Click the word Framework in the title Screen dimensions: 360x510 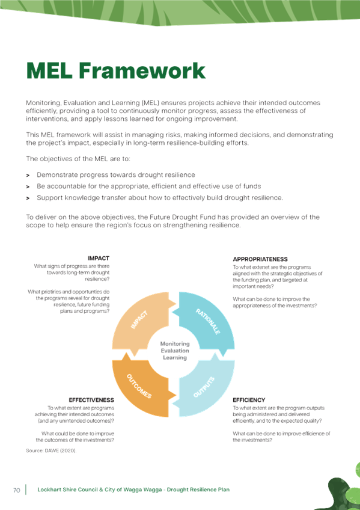point(142,70)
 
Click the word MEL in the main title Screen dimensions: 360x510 point(49,70)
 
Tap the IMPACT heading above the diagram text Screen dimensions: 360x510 point(99,258)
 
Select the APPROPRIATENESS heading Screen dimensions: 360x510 point(260,259)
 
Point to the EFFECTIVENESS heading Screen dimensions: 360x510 point(91,400)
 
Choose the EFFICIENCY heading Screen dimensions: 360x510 point(249,400)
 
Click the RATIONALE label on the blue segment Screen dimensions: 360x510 point(208,322)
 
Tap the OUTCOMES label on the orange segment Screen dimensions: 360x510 point(139,386)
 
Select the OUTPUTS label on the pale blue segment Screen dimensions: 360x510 point(204,387)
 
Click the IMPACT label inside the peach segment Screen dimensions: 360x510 point(139,320)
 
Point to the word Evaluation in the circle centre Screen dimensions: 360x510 point(175,351)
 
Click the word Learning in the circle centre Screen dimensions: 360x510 point(175,358)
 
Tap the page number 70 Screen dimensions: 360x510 point(17,490)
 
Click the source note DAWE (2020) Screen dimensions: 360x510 point(51,451)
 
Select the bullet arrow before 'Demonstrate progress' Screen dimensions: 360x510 point(28,176)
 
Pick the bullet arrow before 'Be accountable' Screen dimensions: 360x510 point(28,186)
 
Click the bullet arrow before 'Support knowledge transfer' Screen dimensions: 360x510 point(28,198)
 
